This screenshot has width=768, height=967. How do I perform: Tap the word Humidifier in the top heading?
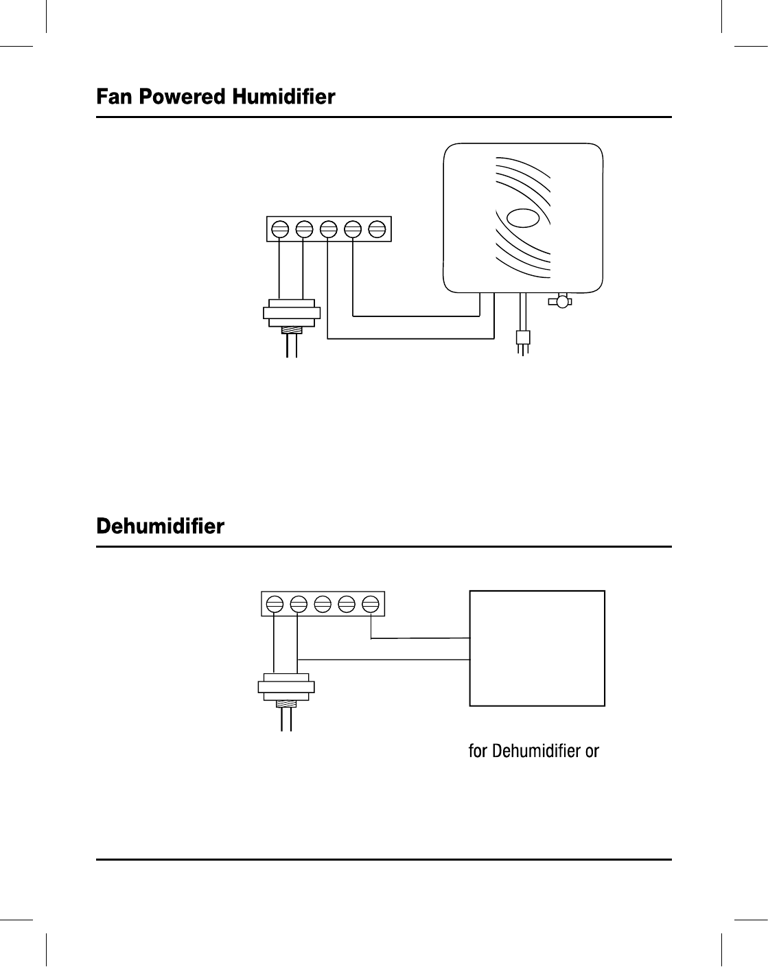coord(283,97)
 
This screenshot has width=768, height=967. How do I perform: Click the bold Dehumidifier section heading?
coord(160,527)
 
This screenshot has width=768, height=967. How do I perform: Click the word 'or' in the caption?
coord(592,752)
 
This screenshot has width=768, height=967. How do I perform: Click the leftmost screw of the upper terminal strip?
coord(280,229)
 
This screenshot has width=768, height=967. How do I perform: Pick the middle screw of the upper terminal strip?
coord(328,229)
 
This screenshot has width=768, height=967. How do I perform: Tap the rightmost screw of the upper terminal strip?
coord(376,229)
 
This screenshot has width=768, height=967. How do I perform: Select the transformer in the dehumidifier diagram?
coord(286,686)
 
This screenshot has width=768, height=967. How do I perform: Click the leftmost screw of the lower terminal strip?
coord(274,604)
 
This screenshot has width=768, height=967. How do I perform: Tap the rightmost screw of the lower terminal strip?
coord(371,604)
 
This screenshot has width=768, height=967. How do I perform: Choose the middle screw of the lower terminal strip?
coord(322,604)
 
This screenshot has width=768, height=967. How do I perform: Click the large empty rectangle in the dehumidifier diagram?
coord(537,648)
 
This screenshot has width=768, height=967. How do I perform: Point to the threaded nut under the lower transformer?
coord(286,704)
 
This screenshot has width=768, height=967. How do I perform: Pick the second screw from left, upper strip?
coord(304,229)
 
